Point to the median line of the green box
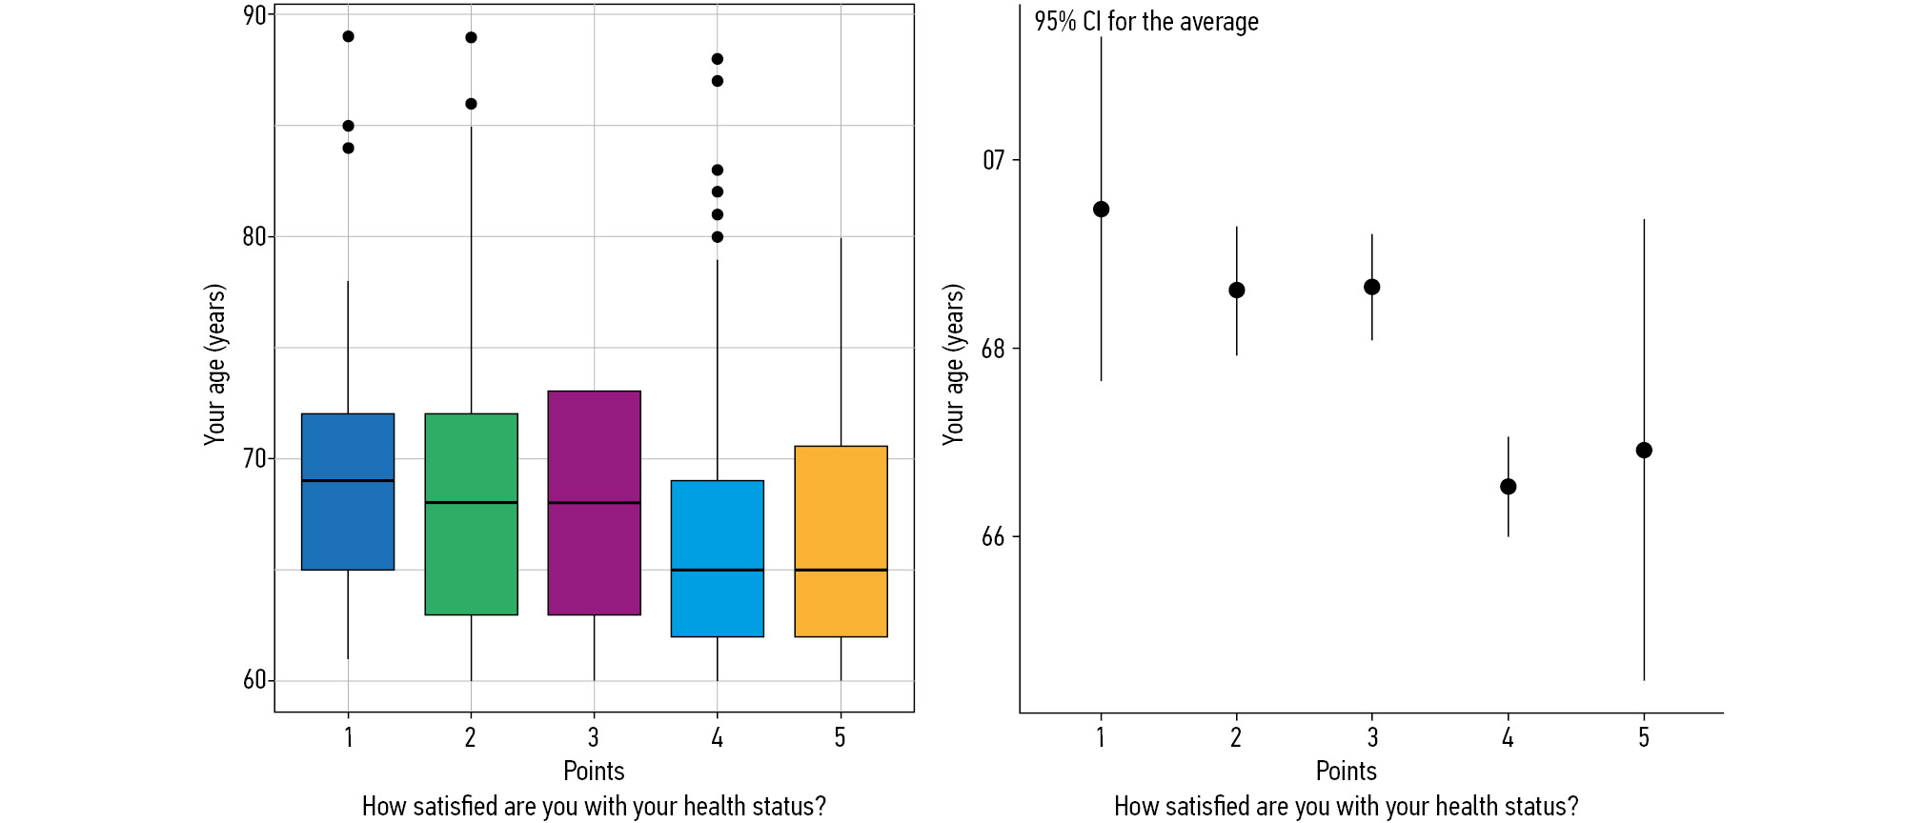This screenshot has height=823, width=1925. click(471, 502)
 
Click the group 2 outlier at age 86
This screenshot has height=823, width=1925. click(471, 104)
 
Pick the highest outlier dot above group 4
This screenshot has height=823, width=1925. click(718, 59)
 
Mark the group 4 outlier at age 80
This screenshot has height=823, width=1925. click(718, 237)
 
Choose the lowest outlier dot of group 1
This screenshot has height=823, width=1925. click(348, 149)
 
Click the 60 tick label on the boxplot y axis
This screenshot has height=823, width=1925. click(254, 680)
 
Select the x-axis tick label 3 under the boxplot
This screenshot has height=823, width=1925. click(594, 737)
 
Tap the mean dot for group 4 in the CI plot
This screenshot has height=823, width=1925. click(1508, 487)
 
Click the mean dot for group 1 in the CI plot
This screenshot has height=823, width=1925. click(1101, 210)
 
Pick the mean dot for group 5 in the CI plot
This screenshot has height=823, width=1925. click(1644, 451)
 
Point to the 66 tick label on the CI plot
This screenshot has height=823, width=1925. click(993, 537)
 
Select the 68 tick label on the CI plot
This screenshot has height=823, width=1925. click(993, 349)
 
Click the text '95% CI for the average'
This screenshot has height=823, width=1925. click(1145, 22)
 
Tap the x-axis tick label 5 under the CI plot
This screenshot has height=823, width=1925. click(1644, 737)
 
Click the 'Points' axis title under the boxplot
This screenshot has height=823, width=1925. click(594, 771)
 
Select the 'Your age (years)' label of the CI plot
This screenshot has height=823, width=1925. click(954, 364)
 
